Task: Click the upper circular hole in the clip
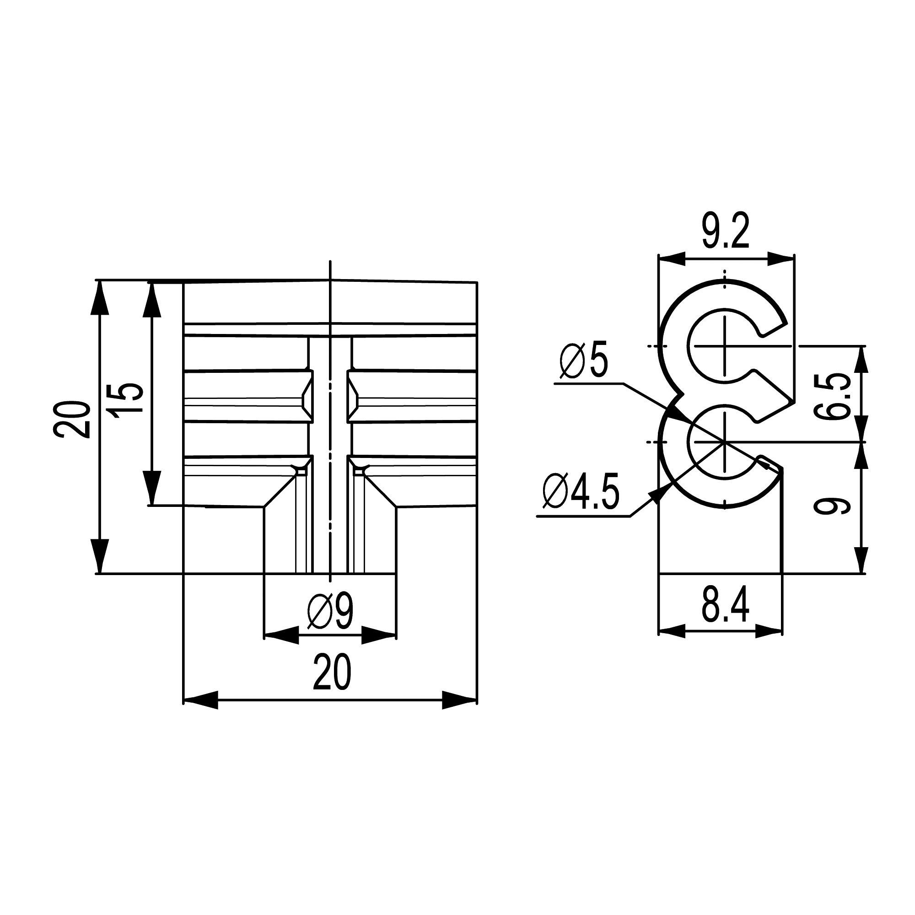coord(724,346)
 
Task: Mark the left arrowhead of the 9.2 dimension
coord(672,258)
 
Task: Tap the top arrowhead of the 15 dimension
coord(151,298)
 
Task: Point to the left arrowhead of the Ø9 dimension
coord(281,634)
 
